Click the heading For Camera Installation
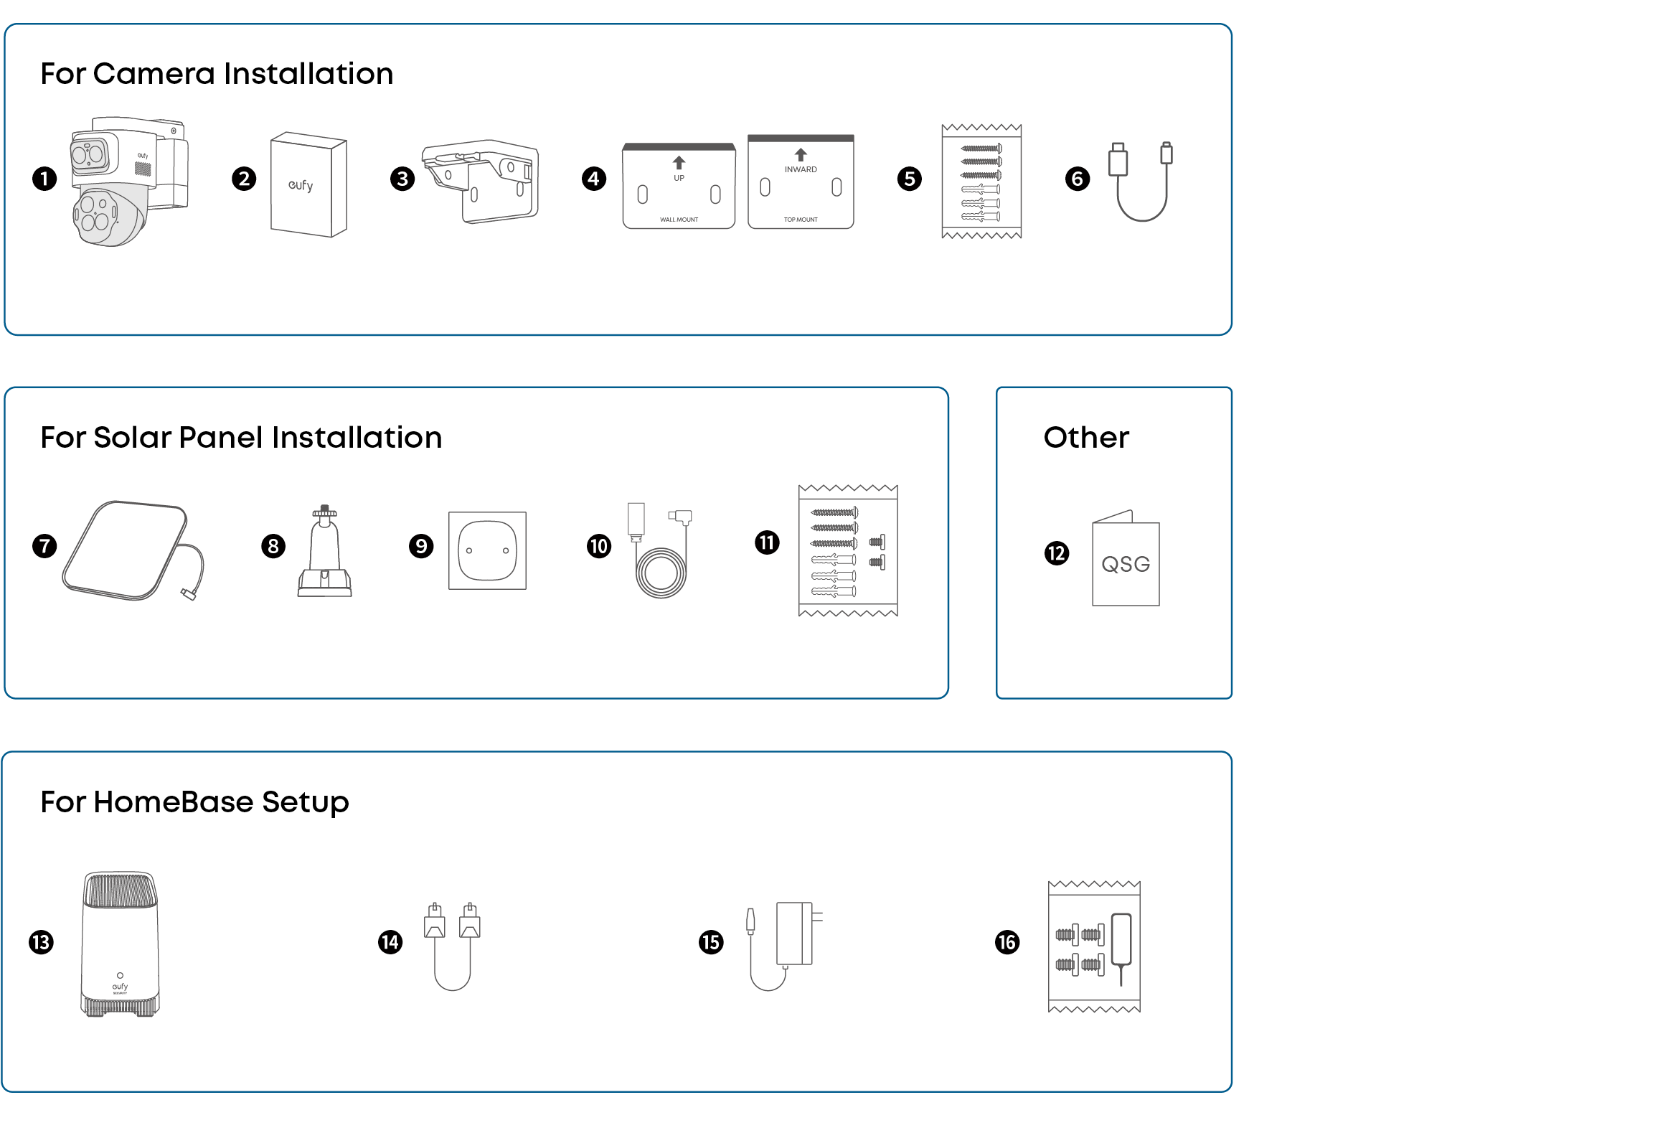(x=217, y=74)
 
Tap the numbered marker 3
(x=402, y=179)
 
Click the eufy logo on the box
(x=301, y=186)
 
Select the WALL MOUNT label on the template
(x=679, y=220)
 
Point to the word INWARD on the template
(x=801, y=169)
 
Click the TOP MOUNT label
(x=801, y=220)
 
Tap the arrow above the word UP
(x=679, y=162)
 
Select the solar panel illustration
(x=126, y=550)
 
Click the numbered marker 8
(x=273, y=546)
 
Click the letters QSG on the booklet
(x=1125, y=564)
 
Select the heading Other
(x=1086, y=438)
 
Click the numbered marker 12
(x=1056, y=553)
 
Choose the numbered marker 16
(x=1007, y=941)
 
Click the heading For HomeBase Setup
(x=195, y=802)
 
